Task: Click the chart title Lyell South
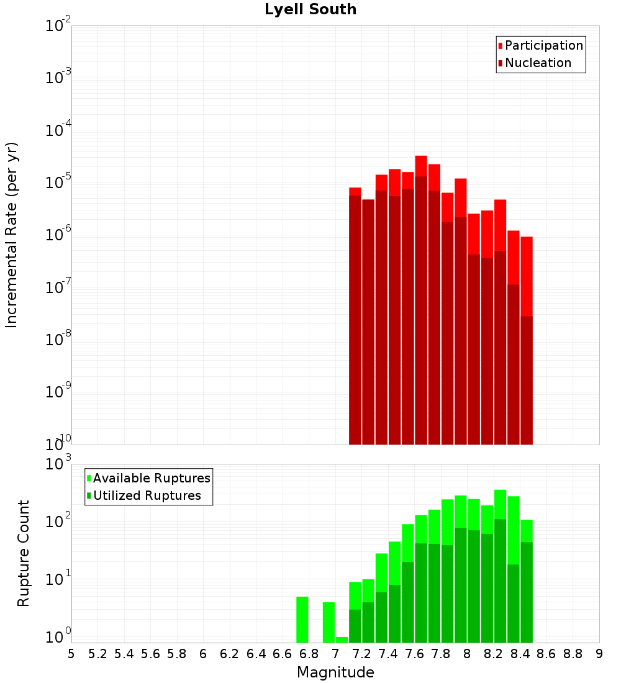click(310, 9)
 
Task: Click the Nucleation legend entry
click(538, 63)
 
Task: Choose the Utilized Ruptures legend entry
click(147, 495)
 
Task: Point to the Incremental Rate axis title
click(12, 235)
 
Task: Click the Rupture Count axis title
click(24, 553)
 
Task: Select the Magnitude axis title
click(335, 672)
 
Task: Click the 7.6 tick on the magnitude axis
click(415, 654)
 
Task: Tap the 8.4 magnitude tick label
click(520, 654)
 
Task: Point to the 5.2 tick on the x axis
click(98, 654)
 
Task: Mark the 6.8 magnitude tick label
click(309, 654)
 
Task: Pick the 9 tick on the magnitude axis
click(599, 654)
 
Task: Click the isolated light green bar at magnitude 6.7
click(302, 620)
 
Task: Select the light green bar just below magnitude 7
click(329, 622)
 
